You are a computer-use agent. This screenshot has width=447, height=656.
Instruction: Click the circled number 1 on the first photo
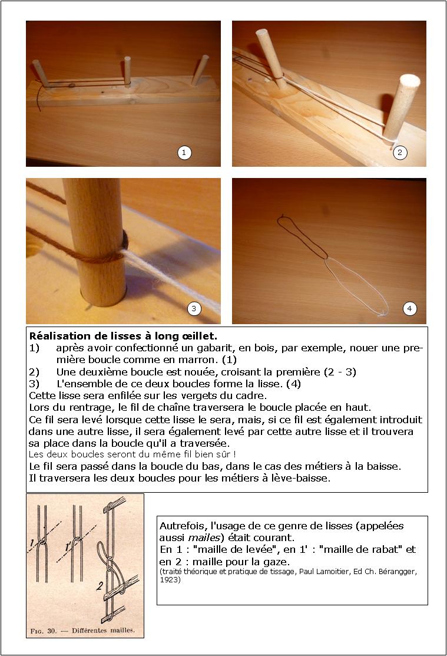tap(184, 153)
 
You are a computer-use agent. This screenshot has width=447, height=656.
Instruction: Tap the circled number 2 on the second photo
tap(399, 153)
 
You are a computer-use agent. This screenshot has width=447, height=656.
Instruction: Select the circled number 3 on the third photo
tap(194, 308)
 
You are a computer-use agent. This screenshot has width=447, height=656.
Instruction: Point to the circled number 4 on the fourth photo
tap(410, 308)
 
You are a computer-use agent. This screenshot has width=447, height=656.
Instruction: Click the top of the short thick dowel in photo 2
tap(409, 81)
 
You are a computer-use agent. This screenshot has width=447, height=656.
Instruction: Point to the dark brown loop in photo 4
tap(300, 236)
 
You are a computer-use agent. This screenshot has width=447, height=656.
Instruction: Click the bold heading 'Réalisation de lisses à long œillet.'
tap(123, 337)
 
